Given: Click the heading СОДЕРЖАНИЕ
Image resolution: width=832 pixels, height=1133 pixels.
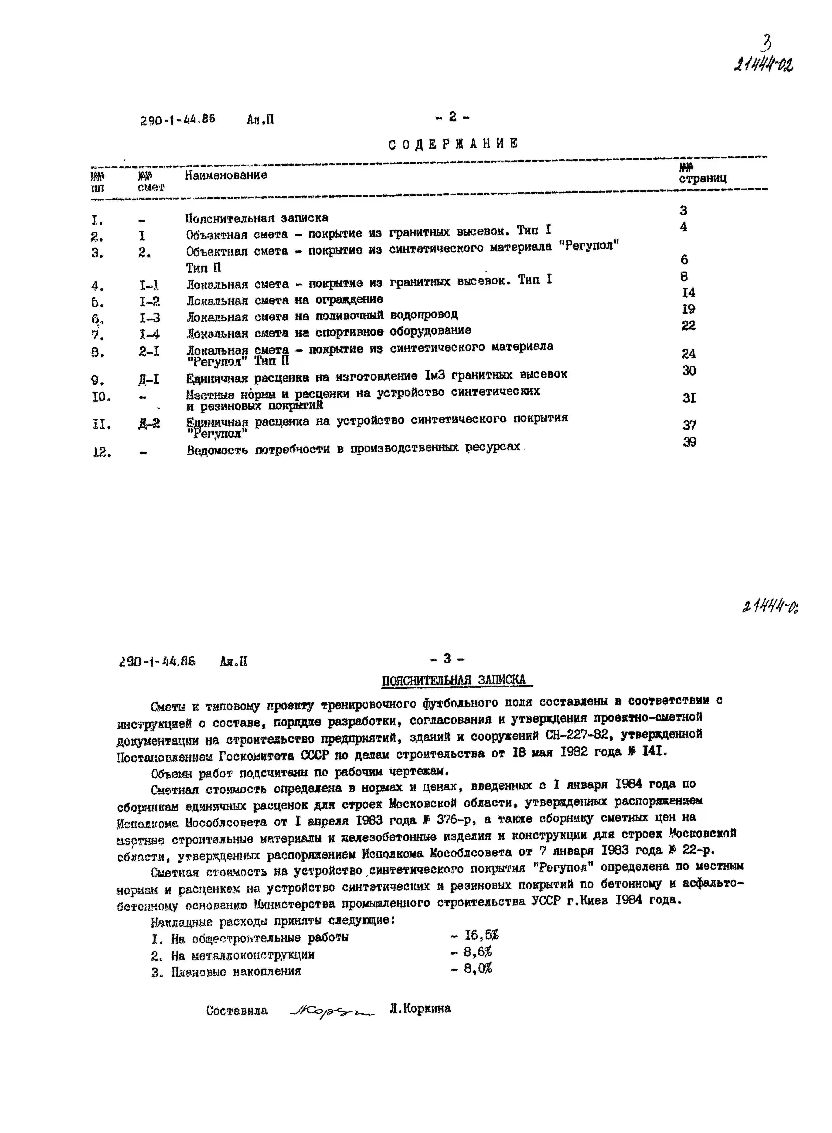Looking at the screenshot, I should [x=453, y=144].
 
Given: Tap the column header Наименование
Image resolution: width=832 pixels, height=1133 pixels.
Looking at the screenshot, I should [x=226, y=175].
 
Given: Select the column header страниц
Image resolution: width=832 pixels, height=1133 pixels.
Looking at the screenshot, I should [x=703, y=178].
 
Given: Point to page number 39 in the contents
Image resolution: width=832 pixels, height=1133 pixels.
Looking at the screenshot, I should [x=689, y=442].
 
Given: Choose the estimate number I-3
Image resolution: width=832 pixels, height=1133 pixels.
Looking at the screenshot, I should [x=150, y=318].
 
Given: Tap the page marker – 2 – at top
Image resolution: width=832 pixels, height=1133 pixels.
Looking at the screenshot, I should [x=452, y=117].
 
